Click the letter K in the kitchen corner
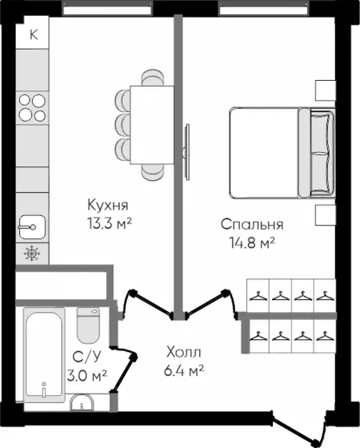[34, 34]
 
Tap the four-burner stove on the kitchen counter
[32, 108]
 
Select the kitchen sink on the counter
[32, 227]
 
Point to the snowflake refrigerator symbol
[32, 253]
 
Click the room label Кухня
[108, 205]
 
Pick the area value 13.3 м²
[110, 223]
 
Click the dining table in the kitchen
[152, 125]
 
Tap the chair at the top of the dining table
[153, 78]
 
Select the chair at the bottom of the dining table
[153, 172]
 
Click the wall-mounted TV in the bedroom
[187, 152]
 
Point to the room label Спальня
[252, 224]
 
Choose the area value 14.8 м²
[252, 242]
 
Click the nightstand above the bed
[326, 90]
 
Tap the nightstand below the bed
[326, 215]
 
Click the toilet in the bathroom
[88, 325]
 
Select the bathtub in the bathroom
[44, 355]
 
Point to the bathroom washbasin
[82, 403]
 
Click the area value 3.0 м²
[87, 375]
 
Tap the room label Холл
[184, 352]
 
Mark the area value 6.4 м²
[184, 370]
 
